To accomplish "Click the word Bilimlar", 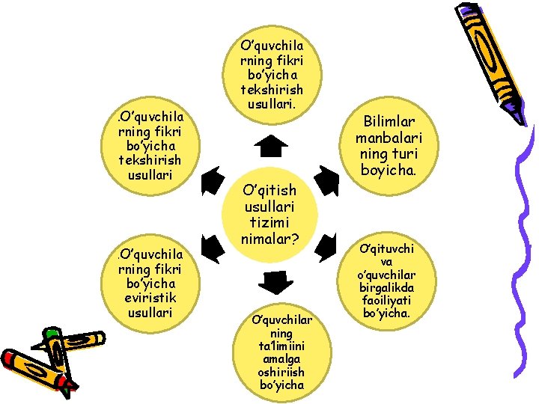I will (x=389, y=122).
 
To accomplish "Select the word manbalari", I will (x=389, y=138).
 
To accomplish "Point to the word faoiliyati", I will (x=387, y=302).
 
